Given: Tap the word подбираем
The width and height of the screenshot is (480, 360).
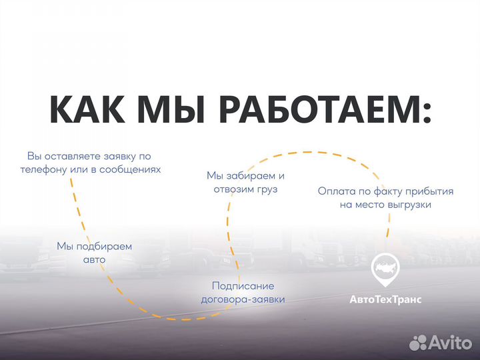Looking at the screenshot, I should click(103, 246).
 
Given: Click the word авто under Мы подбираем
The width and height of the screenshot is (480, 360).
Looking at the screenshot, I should click(94, 259).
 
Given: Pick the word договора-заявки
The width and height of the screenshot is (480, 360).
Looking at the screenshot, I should click(243, 299).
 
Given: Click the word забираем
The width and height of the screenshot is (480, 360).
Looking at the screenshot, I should click(255, 176).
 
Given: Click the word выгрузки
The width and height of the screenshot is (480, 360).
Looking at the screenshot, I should click(409, 205).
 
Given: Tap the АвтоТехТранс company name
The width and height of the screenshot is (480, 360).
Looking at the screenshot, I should click(385, 300).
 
